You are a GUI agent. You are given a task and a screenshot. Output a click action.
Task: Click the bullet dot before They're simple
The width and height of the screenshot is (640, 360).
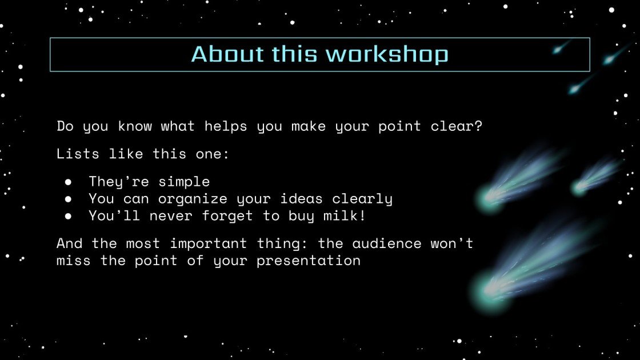[x=68, y=182]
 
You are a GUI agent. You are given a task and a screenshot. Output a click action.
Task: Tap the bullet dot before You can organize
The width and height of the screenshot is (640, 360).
[x=68, y=199]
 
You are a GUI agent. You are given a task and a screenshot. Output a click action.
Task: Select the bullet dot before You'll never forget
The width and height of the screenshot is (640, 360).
[x=68, y=216]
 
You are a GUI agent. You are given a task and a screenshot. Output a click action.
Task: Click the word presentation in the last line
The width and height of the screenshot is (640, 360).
[x=309, y=261]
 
